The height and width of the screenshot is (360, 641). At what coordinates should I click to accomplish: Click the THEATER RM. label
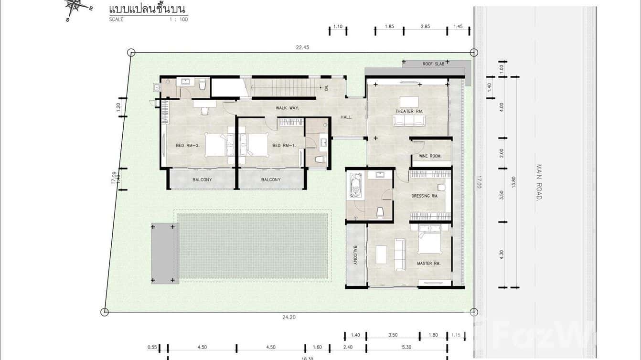(409, 111)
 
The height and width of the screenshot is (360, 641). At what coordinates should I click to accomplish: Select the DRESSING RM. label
(425, 196)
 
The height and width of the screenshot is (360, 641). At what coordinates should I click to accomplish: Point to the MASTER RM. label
(428, 263)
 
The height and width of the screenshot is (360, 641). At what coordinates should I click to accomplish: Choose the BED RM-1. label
(284, 145)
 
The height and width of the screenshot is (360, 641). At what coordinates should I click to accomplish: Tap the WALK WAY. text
(287, 108)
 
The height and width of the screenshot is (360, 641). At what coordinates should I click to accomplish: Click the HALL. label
(346, 117)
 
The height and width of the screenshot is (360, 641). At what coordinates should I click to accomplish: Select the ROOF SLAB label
(433, 64)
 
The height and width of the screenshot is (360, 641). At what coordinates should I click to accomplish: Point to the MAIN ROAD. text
(539, 182)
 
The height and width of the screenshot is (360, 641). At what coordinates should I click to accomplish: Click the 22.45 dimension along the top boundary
(303, 47)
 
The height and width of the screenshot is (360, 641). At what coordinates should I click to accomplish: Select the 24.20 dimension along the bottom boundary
(289, 317)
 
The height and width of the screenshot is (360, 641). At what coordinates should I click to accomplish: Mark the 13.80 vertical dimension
(514, 182)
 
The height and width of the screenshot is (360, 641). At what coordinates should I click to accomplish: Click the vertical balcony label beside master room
(355, 255)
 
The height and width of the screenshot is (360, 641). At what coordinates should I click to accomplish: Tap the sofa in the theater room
(409, 120)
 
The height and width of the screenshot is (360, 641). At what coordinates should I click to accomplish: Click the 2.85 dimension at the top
(425, 27)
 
